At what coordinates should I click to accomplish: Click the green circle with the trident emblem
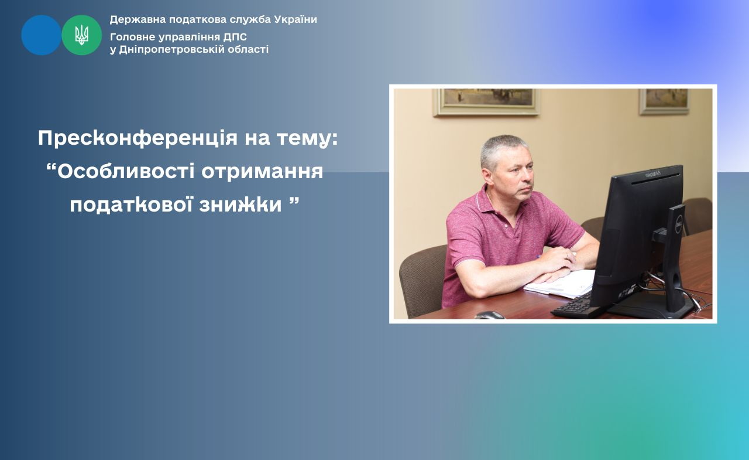point(81,35)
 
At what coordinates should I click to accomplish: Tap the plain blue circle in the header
point(41,35)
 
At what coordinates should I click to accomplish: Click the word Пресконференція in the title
point(138,138)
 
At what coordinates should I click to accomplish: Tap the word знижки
point(240,205)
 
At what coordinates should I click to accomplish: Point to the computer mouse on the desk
point(489,315)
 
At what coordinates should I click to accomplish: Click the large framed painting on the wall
point(486,102)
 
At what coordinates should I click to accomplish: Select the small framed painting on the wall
point(664,101)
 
